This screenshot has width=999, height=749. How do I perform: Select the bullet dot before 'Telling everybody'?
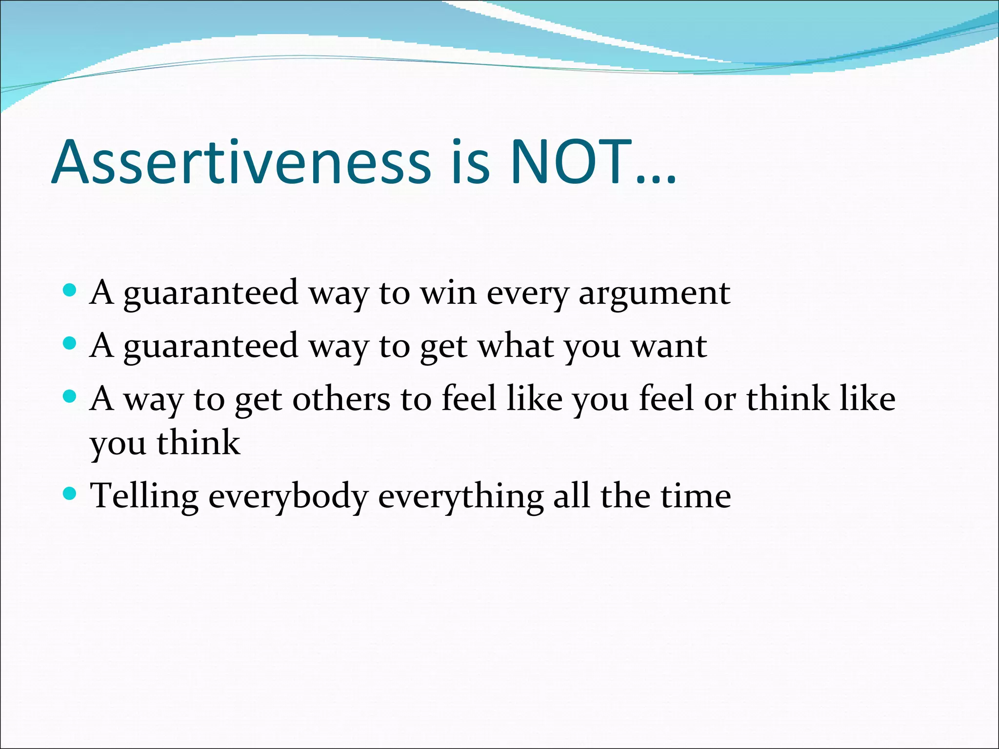point(70,494)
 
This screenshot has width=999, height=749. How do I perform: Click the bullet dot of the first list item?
point(70,291)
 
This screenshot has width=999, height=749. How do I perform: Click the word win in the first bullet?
point(448,293)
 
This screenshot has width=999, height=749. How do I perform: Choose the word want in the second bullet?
point(669,346)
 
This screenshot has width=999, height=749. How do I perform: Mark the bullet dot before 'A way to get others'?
point(70,397)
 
